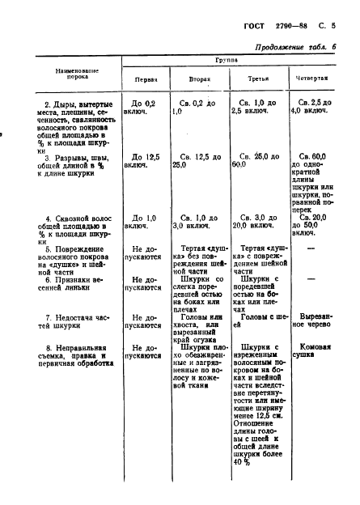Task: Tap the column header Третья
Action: coord(258,79)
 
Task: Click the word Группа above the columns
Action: coord(226,60)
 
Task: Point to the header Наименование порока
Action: coord(77,75)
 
